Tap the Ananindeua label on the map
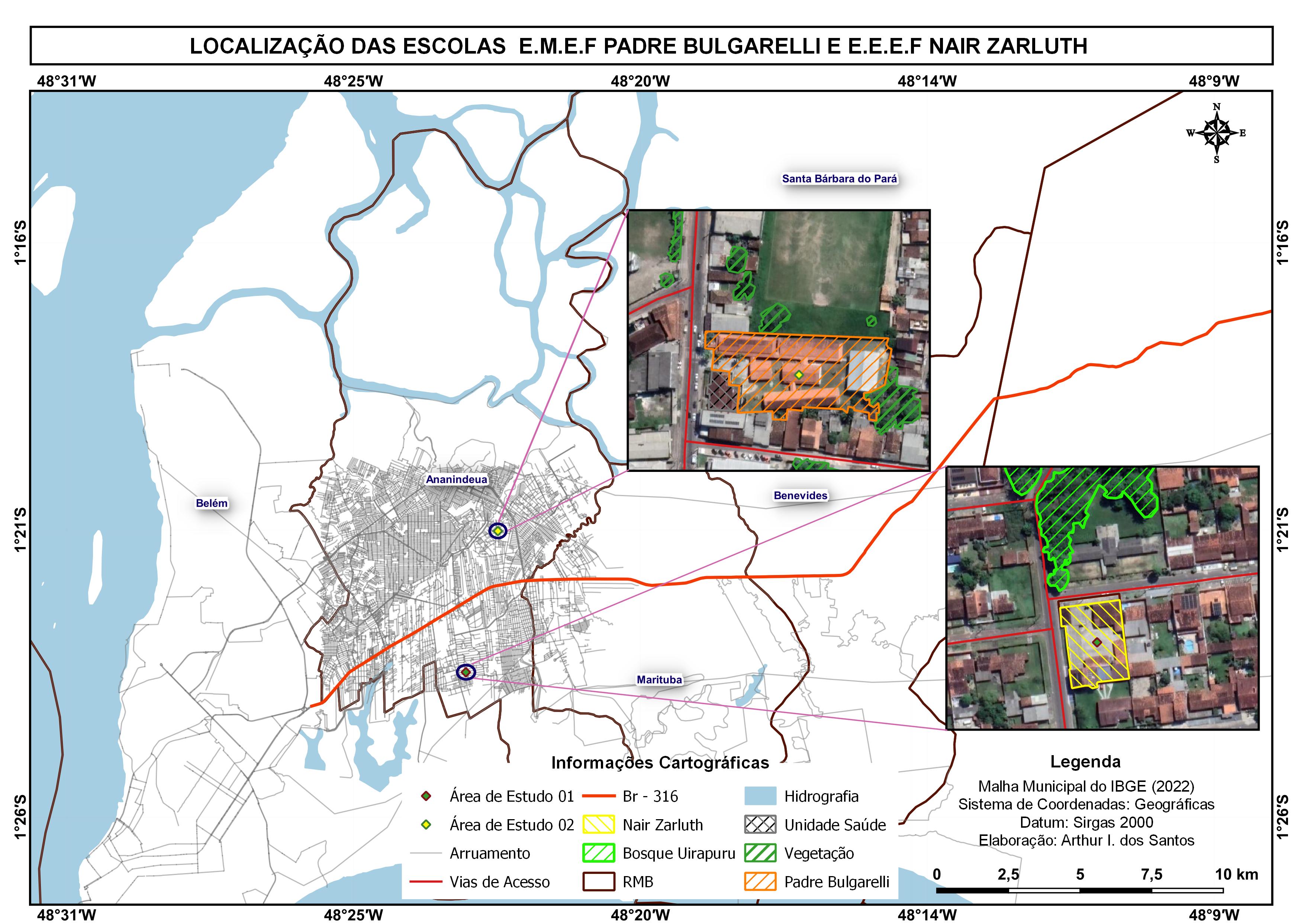tap(457, 479)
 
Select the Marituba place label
tap(659, 679)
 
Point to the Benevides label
tap(800, 495)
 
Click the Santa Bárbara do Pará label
tap(840, 179)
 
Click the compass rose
tap(1216, 133)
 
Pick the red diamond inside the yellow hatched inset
tap(1097, 642)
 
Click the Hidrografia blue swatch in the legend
tap(760, 796)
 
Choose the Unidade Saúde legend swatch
tap(760, 825)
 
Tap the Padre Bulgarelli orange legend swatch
tap(760, 882)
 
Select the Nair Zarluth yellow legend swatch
tap(599, 825)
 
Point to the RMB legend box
tap(599, 882)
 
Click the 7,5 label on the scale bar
tap(1152, 874)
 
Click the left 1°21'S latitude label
tap(20, 528)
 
